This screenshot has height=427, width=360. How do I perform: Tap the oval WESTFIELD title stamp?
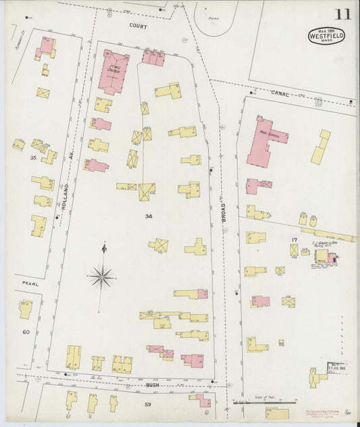[327, 35]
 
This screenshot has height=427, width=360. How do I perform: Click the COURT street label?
[138, 24]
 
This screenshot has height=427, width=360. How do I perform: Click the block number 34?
[148, 216]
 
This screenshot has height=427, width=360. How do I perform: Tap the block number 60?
[26, 332]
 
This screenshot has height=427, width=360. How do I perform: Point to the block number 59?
[149, 405]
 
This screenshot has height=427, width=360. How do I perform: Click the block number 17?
[294, 238]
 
